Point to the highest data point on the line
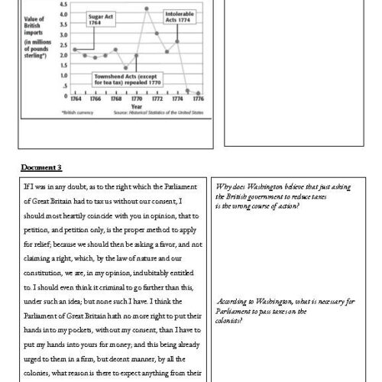[x=146, y=8]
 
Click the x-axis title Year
[x=136, y=107]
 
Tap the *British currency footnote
[x=78, y=113]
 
